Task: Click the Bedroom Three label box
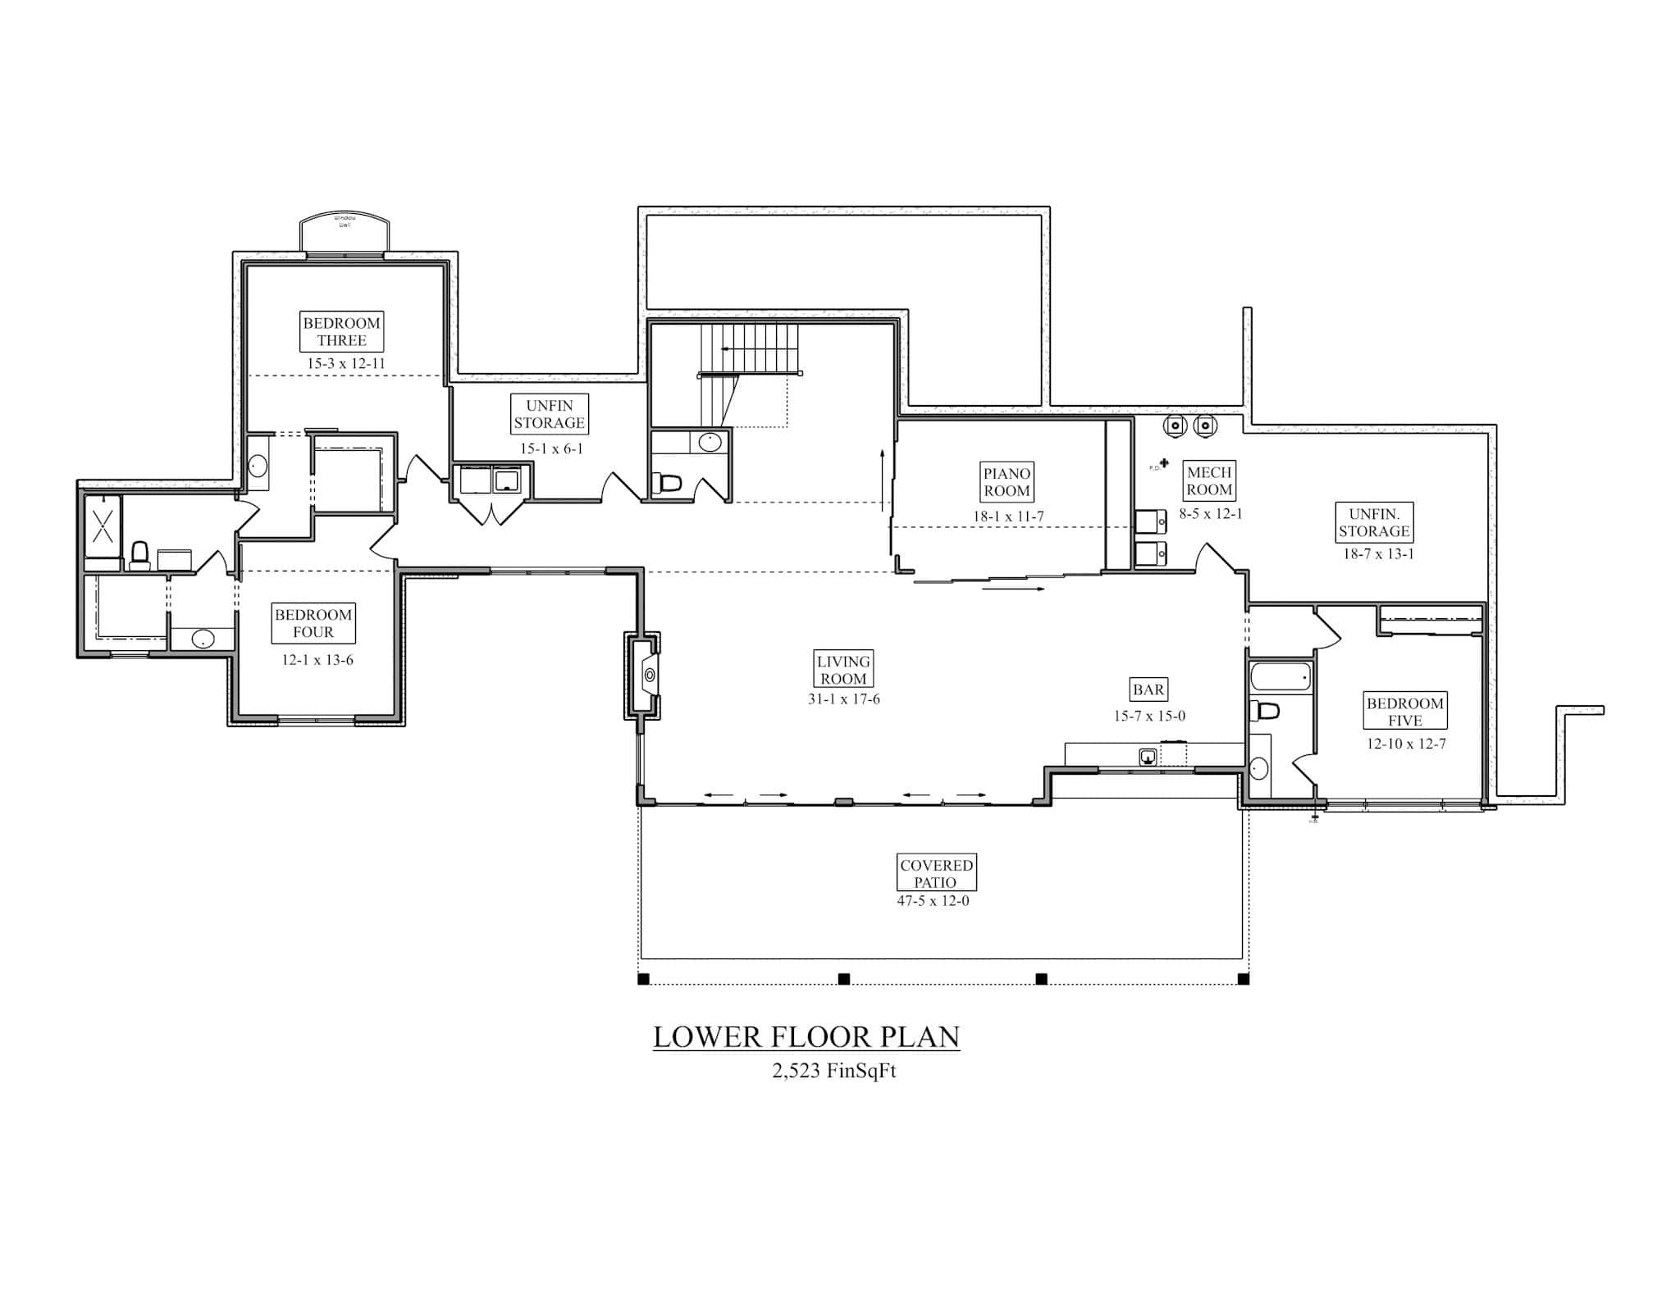(341, 331)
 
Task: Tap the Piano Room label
(1007, 482)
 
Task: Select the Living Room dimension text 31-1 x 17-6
(843, 699)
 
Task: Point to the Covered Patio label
(936, 874)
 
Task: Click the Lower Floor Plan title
(806, 1037)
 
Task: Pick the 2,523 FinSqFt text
(833, 1072)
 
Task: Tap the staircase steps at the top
(751, 348)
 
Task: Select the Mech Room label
(1209, 481)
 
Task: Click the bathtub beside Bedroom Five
(1280, 678)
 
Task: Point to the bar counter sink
(1148, 756)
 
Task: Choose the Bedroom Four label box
(313, 624)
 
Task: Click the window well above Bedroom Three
(344, 234)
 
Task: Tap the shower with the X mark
(103, 526)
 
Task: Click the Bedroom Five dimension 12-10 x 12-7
(1405, 744)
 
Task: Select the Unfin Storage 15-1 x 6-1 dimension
(550, 448)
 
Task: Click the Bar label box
(1148, 689)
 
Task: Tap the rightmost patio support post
(1243, 979)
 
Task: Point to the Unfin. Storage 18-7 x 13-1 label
(1373, 522)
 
